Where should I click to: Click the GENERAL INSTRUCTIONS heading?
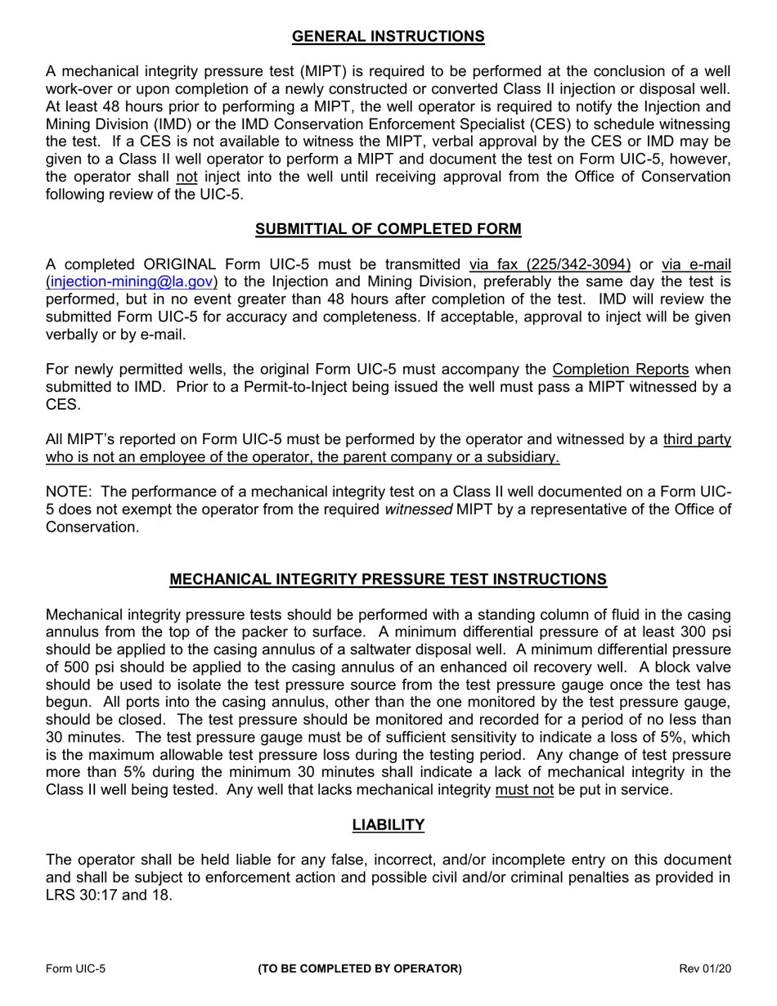click(x=388, y=37)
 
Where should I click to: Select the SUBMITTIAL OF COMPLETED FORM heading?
click(x=388, y=229)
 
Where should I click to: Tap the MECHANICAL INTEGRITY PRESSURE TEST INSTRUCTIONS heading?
click(x=388, y=580)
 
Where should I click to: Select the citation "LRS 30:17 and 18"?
click(x=110, y=896)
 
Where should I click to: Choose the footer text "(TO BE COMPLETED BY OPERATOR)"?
click(x=360, y=969)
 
